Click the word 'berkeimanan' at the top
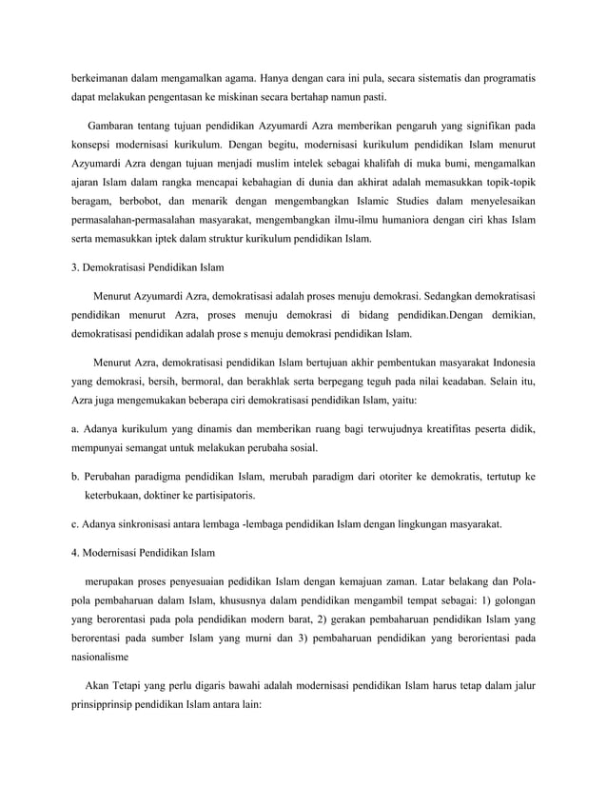click(101, 76)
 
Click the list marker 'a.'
click(75, 428)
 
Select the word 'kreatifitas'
click(429, 428)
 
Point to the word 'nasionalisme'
click(104, 657)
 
